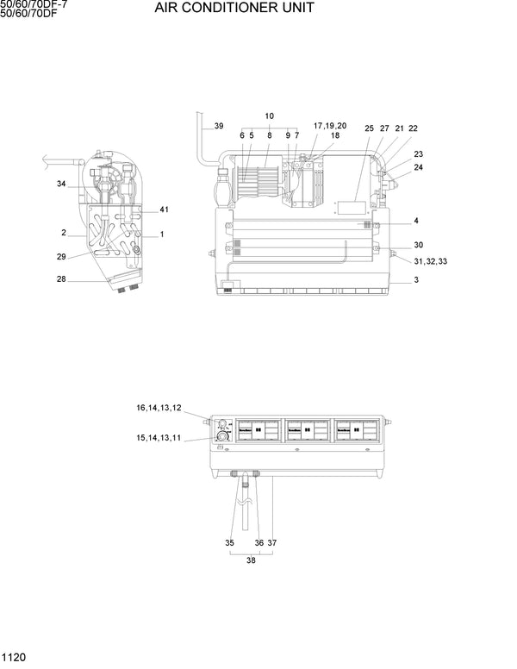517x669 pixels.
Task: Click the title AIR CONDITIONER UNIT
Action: [234, 9]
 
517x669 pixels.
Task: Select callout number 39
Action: [219, 127]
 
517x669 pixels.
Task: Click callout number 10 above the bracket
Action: [269, 116]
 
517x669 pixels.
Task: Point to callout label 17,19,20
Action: [329, 126]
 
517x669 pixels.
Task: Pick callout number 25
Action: [369, 128]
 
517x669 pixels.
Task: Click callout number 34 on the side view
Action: [61, 184]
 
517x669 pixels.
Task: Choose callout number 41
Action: [165, 210]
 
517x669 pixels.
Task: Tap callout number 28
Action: [61, 278]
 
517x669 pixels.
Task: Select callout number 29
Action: [61, 257]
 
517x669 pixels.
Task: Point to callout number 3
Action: [416, 280]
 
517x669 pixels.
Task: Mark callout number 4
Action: [416, 221]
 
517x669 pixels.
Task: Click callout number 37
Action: [271, 542]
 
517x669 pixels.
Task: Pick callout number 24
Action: [418, 167]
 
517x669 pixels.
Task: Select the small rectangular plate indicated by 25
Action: [351, 208]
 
